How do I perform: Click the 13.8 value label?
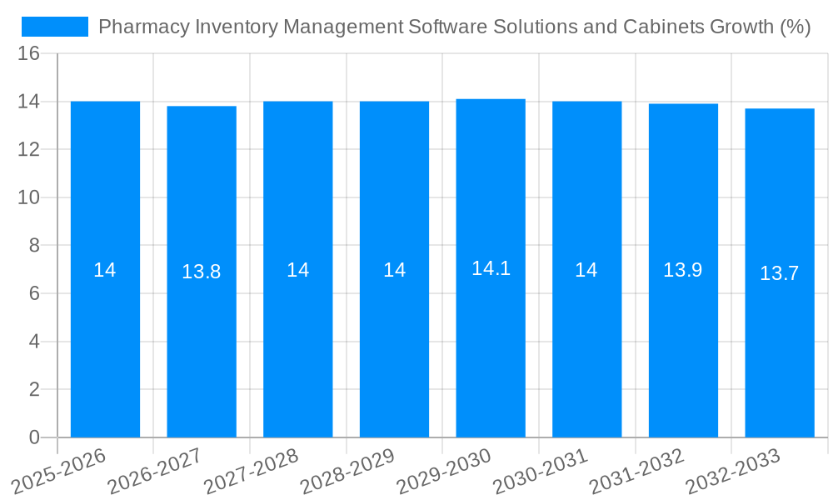[x=202, y=272]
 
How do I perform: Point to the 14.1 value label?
[x=491, y=268]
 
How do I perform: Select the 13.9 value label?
[x=683, y=270]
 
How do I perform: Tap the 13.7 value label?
[x=780, y=273]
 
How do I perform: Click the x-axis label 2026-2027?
[x=155, y=471]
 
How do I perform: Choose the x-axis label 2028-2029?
[x=347, y=471]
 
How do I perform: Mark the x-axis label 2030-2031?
[x=541, y=471]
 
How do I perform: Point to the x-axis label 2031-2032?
[x=637, y=471]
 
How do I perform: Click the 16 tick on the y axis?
[x=28, y=54]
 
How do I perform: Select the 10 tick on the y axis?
[x=28, y=197]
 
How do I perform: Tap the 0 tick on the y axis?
[x=34, y=437]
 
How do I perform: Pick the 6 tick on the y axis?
[x=34, y=293]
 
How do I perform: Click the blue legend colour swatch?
[x=55, y=27]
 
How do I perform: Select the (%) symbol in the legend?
[x=795, y=27]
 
